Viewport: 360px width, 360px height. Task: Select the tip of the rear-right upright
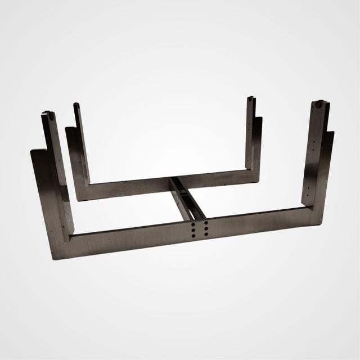[x=253, y=100]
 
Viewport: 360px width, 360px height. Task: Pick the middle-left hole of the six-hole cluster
[x=193, y=230]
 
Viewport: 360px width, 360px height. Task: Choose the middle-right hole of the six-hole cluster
[x=206, y=229]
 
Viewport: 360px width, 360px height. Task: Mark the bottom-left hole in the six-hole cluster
[x=194, y=237]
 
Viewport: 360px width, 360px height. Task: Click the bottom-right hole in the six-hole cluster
[x=206, y=236]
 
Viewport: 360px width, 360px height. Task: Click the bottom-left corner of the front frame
[x=56, y=256]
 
